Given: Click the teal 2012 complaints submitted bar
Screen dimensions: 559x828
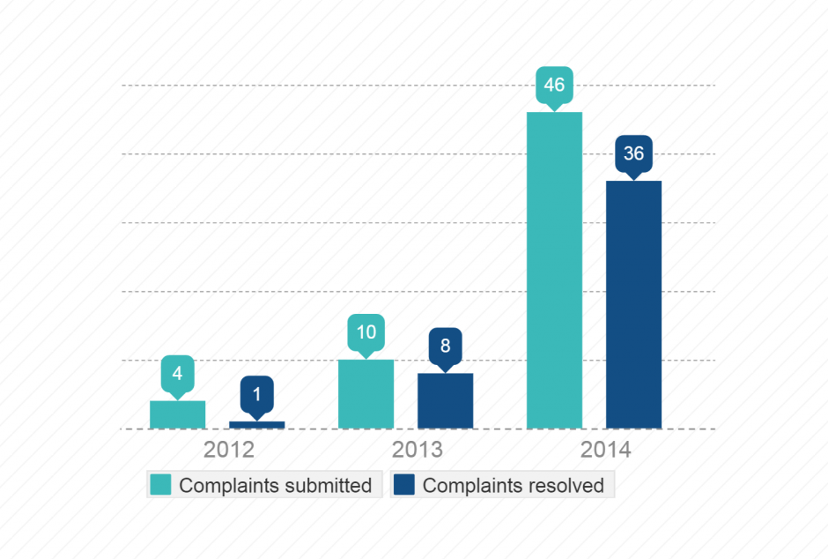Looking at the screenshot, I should (x=177, y=414).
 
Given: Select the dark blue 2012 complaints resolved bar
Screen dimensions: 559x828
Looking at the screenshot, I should (x=256, y=425).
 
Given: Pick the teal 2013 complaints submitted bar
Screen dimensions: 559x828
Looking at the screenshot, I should (x=366, y=394).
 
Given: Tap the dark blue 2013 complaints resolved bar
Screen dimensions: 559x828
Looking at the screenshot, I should (x=445, y=401).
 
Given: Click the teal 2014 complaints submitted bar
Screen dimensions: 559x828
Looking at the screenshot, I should (x=554, y=270).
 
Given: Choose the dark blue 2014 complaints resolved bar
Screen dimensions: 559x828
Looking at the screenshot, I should (x=633, y=304).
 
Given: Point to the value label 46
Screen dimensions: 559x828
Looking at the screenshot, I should (x=554, y=86).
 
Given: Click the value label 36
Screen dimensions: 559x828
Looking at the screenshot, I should (x=633, y=153).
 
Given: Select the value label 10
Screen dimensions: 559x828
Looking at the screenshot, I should (x=366, y=332).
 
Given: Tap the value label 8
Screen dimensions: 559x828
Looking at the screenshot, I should (x=445, y=346).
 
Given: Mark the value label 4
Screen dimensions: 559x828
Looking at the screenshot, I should (x=177, y=373).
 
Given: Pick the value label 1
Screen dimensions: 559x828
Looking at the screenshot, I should (x=256, y=394).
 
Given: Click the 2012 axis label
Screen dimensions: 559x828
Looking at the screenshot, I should (x=229, y=451).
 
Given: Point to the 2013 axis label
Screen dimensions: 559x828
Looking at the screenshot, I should (x=418, y=451).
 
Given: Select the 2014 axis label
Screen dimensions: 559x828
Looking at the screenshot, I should (x=606, y=451).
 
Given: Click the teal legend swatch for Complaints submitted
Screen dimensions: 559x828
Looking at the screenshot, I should (x=161, y=485).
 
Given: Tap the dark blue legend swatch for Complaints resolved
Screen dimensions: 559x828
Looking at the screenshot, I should (x=404, y=485).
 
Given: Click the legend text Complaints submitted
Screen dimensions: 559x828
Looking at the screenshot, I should (x=275, y=486).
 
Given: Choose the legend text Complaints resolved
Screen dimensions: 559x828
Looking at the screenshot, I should (x=513, y=486).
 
